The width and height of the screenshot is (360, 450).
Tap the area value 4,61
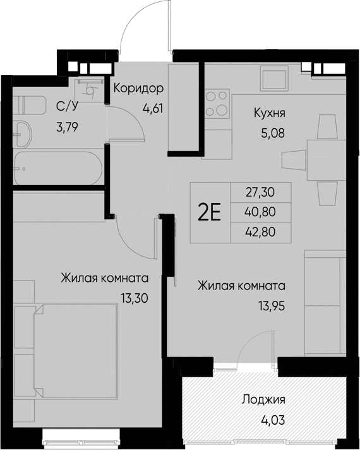point(152,107)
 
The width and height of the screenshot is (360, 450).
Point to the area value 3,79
point(68,126)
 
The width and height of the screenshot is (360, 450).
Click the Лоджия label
point(263,399)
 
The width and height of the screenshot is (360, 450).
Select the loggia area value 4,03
point(263,418)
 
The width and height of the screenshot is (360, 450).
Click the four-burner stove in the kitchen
point(217,104)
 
